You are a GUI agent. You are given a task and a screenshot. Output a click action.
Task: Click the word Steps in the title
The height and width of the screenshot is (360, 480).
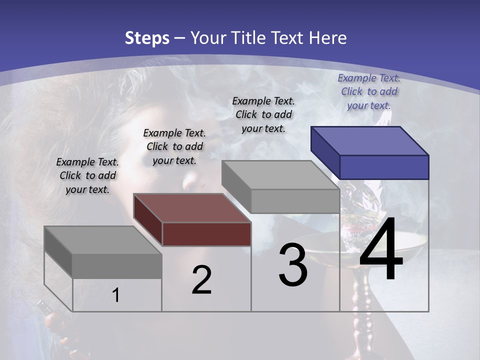tap(147, 38)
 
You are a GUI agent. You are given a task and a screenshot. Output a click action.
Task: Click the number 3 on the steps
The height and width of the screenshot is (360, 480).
tap(293, 265)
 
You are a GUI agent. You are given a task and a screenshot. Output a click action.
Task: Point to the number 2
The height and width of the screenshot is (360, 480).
tap(201, 280)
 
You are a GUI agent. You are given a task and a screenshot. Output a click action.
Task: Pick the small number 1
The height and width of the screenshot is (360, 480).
tap(116, 295)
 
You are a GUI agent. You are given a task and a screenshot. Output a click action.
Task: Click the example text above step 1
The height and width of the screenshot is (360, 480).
tap(87, 175)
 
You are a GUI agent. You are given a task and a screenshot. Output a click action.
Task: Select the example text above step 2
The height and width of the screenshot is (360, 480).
tap(174, 146)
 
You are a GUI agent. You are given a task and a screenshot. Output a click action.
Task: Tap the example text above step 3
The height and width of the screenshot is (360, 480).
tap(263, 114)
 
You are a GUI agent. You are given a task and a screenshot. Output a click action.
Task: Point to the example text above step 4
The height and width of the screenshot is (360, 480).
tap(369, 91)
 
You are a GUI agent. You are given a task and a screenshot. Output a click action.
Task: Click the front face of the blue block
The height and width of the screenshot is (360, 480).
tap(384, 167)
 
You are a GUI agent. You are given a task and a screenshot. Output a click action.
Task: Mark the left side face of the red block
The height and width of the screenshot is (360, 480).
tap(148, 219)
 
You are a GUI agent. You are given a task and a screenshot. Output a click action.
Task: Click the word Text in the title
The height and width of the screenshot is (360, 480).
tap(289, 38)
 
